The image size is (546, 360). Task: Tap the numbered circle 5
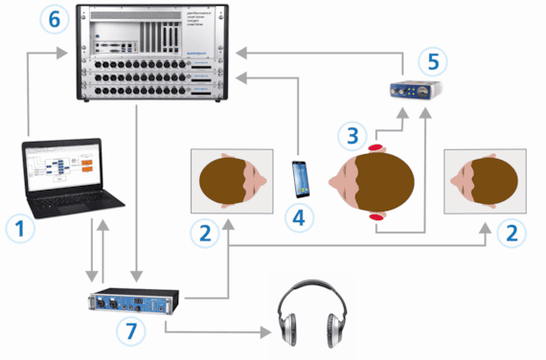[x=432, y=61]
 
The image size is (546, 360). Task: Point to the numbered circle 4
[x=301, y=217]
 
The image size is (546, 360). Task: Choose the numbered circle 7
[x=131, y=330]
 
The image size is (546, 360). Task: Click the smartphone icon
[x=301, y=176]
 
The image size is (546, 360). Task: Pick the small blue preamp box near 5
[x=412, y=92]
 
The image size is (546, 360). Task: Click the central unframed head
[x=370, y=182]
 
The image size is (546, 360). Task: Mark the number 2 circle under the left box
[x=202, y=232]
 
